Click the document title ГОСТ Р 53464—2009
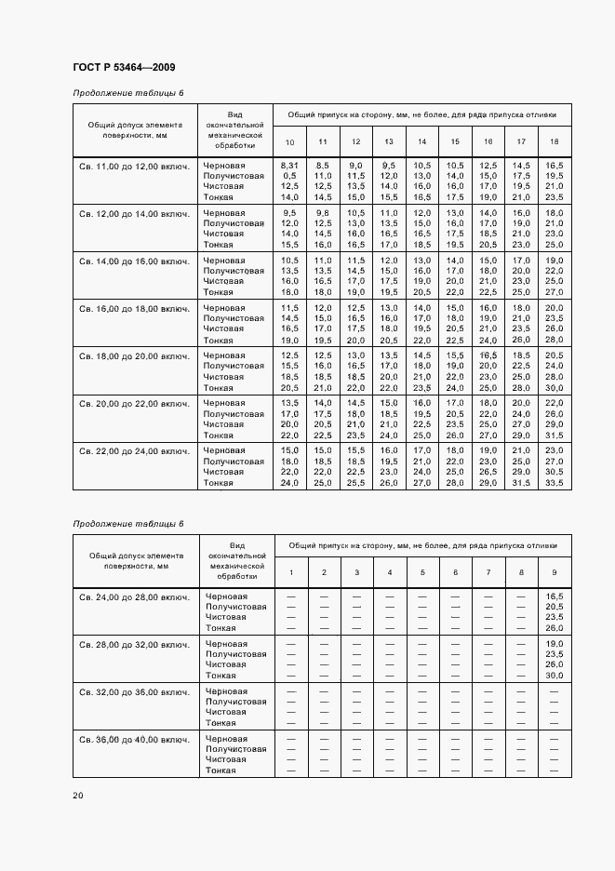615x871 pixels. point(124,67)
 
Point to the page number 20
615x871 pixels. point(78,795)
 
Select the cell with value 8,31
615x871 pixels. point(289,165)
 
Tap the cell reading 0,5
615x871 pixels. point(289,175)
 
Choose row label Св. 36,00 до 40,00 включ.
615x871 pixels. point(134,739)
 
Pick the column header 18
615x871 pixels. point(555,141)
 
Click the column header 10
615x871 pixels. point(289,141)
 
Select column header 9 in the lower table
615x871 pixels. point(555,571)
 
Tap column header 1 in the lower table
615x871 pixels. point(290,571)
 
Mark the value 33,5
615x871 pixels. point(555,483)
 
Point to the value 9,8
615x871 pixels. point(323,213)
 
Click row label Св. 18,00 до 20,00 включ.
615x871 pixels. point(134,355)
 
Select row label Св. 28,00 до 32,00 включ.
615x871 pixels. point(134,644)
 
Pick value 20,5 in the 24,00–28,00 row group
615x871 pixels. point(555,607)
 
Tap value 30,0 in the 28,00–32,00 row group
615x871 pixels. point(555,676)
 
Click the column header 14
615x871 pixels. point(422,141)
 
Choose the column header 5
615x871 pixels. point(422,571)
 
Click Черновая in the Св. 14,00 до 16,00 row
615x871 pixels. point(224,261)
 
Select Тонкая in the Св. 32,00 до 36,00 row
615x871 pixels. point(221,723)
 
